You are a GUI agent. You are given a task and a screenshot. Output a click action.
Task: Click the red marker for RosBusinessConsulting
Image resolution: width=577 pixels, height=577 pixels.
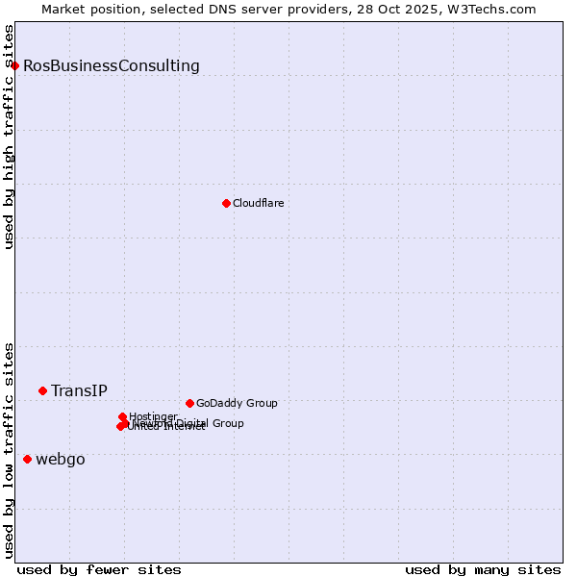(x=15, y=65)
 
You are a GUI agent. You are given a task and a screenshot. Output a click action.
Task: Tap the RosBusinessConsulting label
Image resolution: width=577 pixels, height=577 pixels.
(x=112, y=66)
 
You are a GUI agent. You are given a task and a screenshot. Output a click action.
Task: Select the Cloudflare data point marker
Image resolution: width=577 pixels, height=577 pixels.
(x=226, y=203)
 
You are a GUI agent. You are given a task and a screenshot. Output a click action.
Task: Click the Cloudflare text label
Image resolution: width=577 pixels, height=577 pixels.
(x=258, y=203)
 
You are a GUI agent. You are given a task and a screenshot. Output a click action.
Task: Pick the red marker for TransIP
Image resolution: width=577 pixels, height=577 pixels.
(x=42, y=390)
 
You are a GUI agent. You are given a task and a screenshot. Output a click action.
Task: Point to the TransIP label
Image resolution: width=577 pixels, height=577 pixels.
(x=79, y=391)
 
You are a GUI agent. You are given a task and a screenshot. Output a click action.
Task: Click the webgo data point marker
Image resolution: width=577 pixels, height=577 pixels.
(x=27, y=460)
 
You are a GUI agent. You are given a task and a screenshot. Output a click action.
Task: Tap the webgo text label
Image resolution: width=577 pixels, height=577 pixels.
(x=61, y=460)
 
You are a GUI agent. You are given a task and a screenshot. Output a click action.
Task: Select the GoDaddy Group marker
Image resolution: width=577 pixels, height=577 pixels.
(x=189, y=403)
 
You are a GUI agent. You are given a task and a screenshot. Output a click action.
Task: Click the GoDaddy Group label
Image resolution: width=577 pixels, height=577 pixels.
(x=237, y=403)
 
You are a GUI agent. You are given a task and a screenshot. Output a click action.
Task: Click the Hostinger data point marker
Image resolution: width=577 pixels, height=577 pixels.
(x=123, y=417)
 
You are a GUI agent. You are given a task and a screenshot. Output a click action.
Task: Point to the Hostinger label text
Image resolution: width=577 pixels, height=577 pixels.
(x=153, y=416)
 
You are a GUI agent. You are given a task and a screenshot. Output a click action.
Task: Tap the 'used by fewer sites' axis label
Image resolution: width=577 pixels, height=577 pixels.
(x=99, y=569)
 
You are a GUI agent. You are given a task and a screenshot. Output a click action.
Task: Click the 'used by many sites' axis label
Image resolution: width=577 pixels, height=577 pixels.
(x=483, y=569)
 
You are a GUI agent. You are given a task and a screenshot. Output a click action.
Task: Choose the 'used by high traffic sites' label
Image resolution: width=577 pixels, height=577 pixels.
(x=10, y=138)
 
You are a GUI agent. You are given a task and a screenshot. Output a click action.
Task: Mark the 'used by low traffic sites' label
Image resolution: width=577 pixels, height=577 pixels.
(x=10, y=450)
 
